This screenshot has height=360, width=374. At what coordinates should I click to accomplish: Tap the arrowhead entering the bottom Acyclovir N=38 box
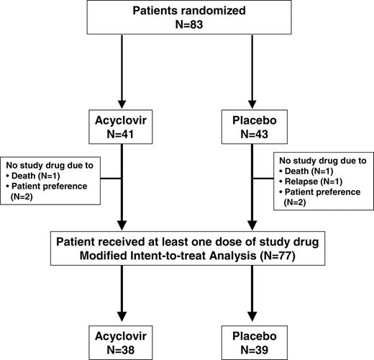[123, 317]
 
